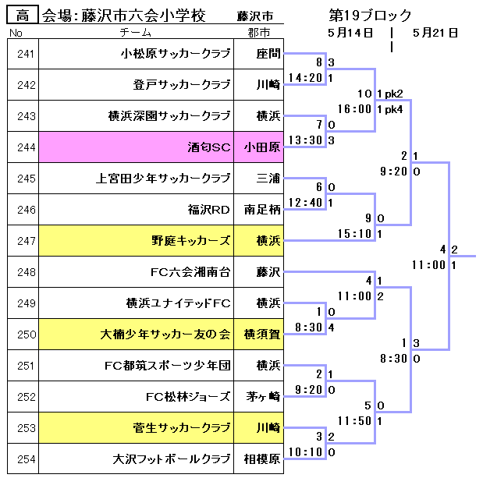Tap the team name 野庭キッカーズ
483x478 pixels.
pos(191,241)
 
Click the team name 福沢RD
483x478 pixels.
pos(209,210)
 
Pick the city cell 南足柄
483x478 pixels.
pos(261,210)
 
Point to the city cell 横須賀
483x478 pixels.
pos(261,335)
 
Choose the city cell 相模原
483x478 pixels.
pos(261,459)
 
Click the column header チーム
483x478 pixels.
pos(137,33)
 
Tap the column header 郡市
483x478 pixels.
pos(258,33)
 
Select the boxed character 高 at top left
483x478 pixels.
pos(23,15)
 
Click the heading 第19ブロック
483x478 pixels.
pos(370,16)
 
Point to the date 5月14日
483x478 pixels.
pos(350,33)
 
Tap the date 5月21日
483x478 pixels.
pos(435,33)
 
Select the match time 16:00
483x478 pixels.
pos(355,109)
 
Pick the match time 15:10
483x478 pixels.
pos(355,234)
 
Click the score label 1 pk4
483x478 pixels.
pos(390,109)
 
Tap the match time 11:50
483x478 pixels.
pos(355,421)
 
